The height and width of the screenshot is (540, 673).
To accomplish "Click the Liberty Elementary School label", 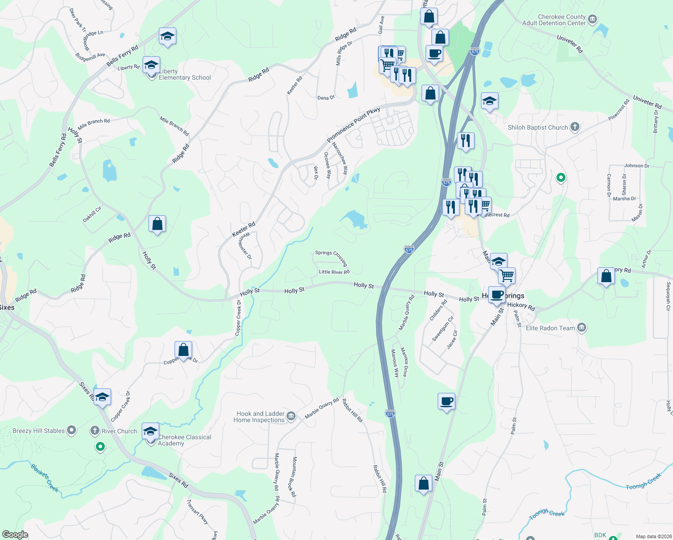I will pyautogui.click(x=184, y=75).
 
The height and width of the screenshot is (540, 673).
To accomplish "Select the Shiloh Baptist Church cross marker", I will pyautogui.click(x=575, y=127).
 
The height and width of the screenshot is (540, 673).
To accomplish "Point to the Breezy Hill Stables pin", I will pyautogui.click(x=72, y=430).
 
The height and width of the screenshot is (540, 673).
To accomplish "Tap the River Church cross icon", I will pyautogui.click(x=94, y=431).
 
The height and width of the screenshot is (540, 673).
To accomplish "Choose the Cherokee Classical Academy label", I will pyautogui.click(x=184, y=440).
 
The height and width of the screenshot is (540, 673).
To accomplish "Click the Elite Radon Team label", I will pyautogui.click(x=550, y=328).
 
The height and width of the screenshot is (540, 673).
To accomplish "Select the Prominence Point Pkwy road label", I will pyautogui.click(x=354, y=125).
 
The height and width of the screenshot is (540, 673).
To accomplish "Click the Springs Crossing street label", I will pyautogui.click(x=332, y=257).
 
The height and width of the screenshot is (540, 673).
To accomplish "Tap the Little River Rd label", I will pyautogui.click(x=334, y=272).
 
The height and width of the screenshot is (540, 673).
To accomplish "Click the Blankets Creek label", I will pyautogui.click(x=45, y=477).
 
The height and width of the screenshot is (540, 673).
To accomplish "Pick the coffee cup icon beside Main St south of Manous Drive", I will pyautogui.click(x=446, y=401).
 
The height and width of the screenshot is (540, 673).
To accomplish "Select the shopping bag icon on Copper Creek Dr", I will pyautogui.click(x=183, y=350).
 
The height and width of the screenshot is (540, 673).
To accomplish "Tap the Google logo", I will pyautogui.click(x=15, y=535).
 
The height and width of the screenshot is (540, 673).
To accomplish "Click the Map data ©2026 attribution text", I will pyautogui.click(x=652, y=536).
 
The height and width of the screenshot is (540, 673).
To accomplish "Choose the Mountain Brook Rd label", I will pyautogui.click(x=294, y=477).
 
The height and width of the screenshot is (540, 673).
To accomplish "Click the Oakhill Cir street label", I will pyautogui.click(x=92, y=214).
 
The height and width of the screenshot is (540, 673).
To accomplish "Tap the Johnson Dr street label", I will pyautogui.click(x=637, y=166).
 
